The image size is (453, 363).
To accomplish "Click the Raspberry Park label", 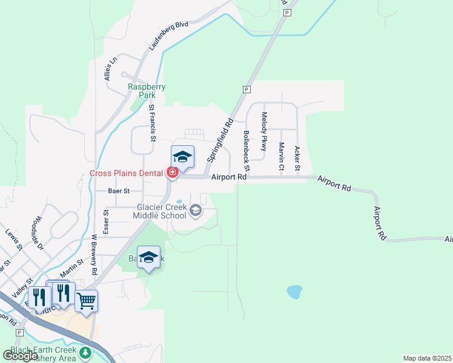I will (147, 91).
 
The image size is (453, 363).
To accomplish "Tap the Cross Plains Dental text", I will (126, 173).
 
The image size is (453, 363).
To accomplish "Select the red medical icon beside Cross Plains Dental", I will (172, 173).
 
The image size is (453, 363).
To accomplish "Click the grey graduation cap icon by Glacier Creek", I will (195, 211).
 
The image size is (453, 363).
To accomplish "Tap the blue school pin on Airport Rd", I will (182, 157).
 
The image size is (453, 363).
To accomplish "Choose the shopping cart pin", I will (86, 299).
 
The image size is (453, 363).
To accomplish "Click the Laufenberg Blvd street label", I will (168, 36).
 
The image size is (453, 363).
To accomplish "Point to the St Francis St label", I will (153, 123).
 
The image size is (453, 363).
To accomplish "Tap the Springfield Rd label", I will (220, 140).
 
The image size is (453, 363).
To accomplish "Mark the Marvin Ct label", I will (281, 156).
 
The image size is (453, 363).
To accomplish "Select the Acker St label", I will (297, 158).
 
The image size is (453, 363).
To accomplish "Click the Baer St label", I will (119, 191).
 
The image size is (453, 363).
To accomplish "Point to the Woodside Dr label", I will (40, 233).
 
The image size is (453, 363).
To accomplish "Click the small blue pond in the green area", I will (294, 292).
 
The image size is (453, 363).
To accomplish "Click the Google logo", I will (21, 356).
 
